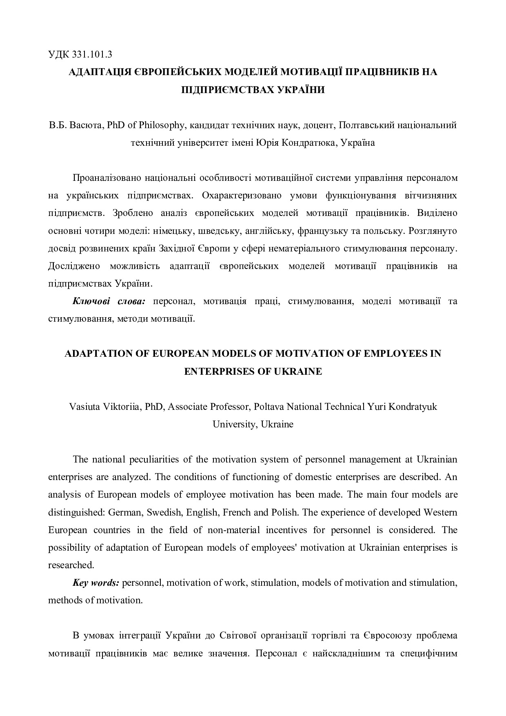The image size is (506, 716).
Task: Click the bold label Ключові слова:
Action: coord(109,301)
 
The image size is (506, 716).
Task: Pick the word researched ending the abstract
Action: coord(70,565)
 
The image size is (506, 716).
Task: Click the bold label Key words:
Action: coord(96,583)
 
